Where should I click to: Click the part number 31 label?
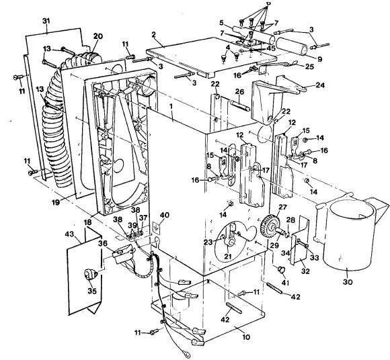(x=46, y=21)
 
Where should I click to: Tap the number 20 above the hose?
(x=97, y=36)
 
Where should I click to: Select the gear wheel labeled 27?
(x=268, y=226)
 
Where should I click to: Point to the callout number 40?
(x=165, y=215)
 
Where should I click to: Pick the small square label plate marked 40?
(x=156, y=228)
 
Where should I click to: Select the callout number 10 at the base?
(x=245, y=337)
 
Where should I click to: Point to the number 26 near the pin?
(x=239, y=92)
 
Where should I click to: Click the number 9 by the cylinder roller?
(x=320, y=59)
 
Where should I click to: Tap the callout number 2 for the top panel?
(x=153, y=34)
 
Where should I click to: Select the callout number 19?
(x=56, y=202)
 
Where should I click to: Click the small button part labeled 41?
(x=281, y=269)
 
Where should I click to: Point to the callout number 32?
(x=305, y=271)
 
